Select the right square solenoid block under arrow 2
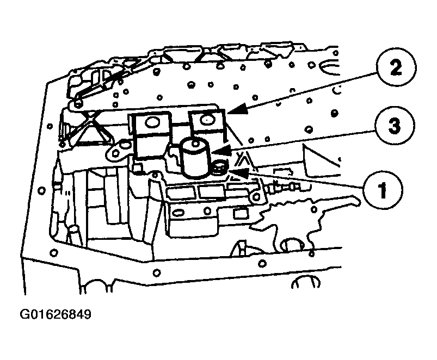pyautogui.click(x=207, y=123)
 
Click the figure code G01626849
pyautogui.click(x=56, y=314)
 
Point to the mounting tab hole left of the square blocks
pyautogui.click(x=115, y=152)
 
